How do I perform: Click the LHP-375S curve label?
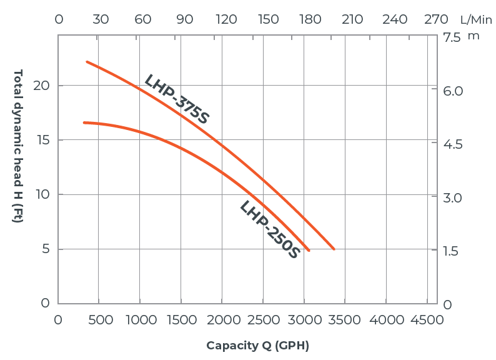pyautogui.click(x=176, y=99)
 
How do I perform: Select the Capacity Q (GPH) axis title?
pyautogui.click(x=258, y=346)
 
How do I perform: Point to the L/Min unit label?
pyautogui.click(x=476, y=19)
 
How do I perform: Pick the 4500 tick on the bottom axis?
pyautogui.click(x=427, y=320)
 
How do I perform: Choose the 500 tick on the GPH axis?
pyautogui.click(x=100, y=320)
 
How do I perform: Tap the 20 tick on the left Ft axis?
pyautogui.click(x=42, y=86)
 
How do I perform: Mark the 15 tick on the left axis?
pyautogui.click(x=42, y=140)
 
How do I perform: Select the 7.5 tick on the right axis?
pyautogui.click(x=452, y=37)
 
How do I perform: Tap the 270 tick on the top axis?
pyautogui.click(x=436, y=19)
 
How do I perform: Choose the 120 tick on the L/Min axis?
pyautogui.click(x=226, y=19)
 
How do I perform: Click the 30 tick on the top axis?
pyautogui.click(x=101, y=19)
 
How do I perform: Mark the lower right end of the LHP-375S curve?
pyautogui.click(x=334, y=249)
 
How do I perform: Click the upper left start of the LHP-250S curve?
pyautogui.click(x=84, y=122)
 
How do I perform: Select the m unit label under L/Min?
pyautogui.click(x=474, y=36)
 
